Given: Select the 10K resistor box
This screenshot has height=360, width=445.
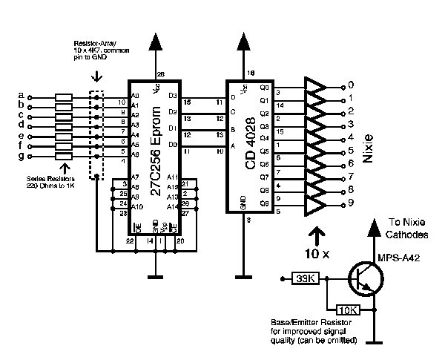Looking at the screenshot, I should (x=349, y=310).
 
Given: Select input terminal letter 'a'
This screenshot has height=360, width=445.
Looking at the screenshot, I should (x=20, y=96).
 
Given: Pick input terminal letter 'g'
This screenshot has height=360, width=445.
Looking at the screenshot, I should (x=20, y=157).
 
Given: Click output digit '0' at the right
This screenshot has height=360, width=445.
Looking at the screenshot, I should (x=351, y=86).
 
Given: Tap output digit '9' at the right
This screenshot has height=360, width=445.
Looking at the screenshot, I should (x=351, y=202).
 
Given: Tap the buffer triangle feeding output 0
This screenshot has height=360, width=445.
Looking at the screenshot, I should (x=317, y=87).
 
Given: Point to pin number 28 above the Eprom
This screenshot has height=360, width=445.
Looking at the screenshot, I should (x=161, y=73).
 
